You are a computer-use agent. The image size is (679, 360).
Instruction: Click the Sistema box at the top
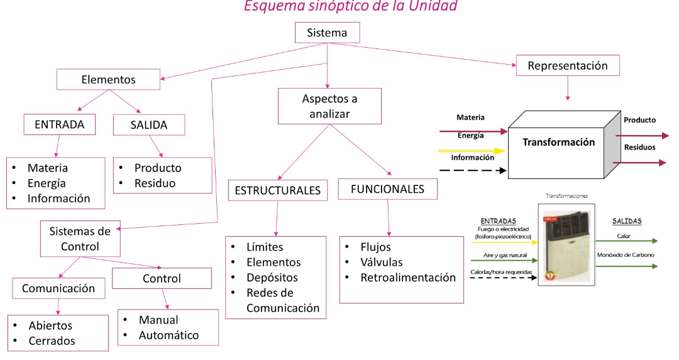pos(326,33)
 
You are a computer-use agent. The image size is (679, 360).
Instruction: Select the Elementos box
pos(108,80)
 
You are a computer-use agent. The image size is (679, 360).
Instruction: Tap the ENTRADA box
pos(60,124)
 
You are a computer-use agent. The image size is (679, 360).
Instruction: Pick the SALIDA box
pos(149,125)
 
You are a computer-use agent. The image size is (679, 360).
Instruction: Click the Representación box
pos(567,66)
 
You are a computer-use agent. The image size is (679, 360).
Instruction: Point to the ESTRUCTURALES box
pos(277,190)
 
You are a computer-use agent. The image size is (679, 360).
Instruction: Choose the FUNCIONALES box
pos(387,189)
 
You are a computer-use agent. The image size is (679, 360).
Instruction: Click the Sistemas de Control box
pos(80,239)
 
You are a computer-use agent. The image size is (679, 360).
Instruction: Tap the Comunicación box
pos(58,288)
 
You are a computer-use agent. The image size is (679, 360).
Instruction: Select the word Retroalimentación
pos(408,278)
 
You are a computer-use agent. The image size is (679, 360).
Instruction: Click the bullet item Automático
pos(168,335)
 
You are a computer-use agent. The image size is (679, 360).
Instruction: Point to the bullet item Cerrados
pos(52,341)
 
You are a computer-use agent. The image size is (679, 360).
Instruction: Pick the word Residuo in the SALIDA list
pos(155,183)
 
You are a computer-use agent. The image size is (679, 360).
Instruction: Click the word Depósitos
pos(272,278)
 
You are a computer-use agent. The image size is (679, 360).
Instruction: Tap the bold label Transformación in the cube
pos(558,142)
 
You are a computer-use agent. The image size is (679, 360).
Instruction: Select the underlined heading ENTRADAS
pos(498,221)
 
